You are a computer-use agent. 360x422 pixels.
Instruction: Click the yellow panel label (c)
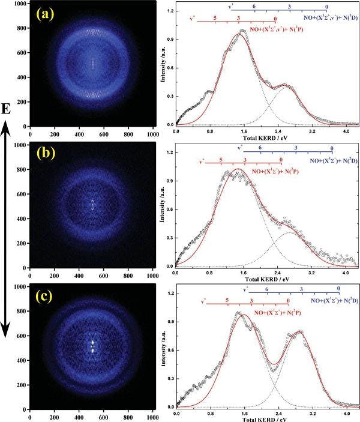pyautogui.click(x=46, y=298)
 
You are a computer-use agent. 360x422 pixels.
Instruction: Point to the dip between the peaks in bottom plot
pyautogui.click(x=274, y=364)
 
